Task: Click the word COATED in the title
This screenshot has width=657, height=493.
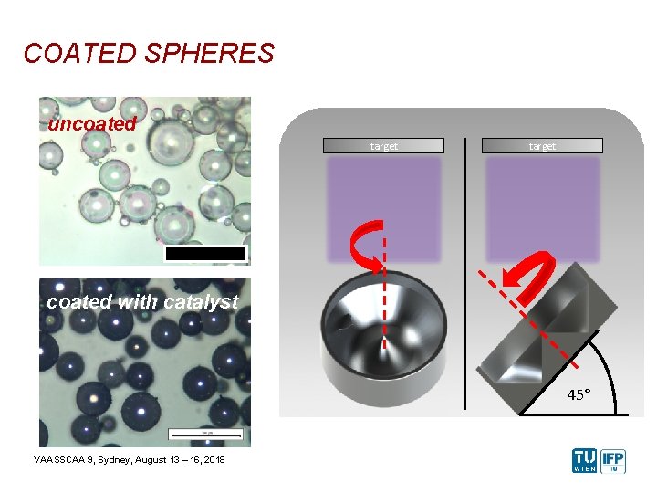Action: pos(77,54)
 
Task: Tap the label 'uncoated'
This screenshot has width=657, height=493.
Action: pos(92,124)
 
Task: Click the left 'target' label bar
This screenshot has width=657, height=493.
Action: pos(383,145)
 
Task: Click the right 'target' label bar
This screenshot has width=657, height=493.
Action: pos(542,145)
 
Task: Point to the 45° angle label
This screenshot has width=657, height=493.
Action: pos(579,394)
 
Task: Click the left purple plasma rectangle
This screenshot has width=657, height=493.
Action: pos(383,208)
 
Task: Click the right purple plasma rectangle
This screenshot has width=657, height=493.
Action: pos(542,208)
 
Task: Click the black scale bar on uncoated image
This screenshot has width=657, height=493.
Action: pos(205,254)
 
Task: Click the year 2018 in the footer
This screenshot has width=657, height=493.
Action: pos(213,458)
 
